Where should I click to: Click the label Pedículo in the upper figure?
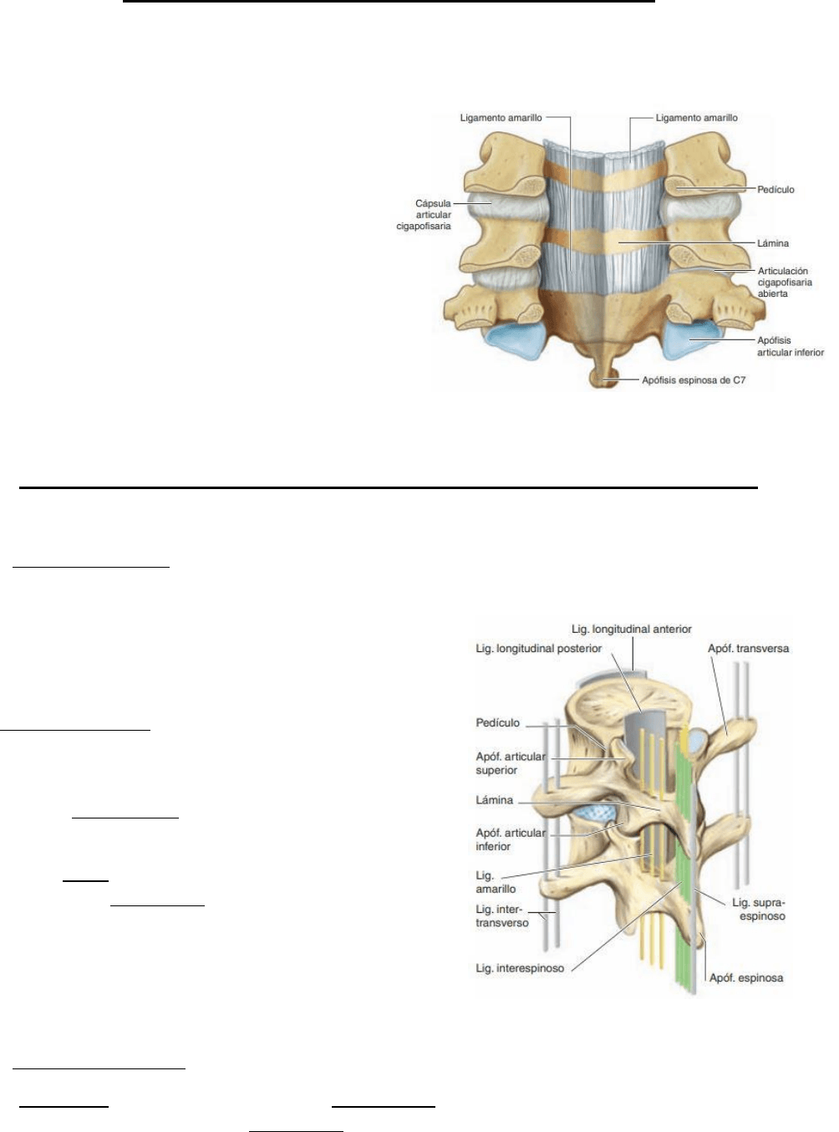pyautogui.click(x=775, y=190)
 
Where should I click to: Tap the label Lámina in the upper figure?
pyautogui.click(x=773, y=243)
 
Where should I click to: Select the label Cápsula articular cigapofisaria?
pyautogui.click(x=425, y=215)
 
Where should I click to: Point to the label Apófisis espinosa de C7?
pyautogui.click(x=694, y=380)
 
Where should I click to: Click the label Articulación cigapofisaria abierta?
pyautogui.click(x=784, y=283)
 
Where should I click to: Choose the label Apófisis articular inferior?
pyautogui.click(x=790, y=346)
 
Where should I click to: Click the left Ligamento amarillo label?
pyautogui.click(x=501, y=118)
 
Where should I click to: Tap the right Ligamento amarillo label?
pyautogui.click(x=696, y=118)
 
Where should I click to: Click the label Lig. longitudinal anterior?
pyautogui.click(x=631, y=629)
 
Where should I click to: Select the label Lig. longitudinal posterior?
pyautogui.click(x=538, y=648)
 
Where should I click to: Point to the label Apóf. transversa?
pyautogui.click(x=748, y=648)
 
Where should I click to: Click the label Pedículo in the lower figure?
pyautogui.click(x=497, y=723)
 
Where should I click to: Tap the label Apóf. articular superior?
pyautogui.click(x=510, y=763)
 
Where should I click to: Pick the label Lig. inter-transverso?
pyautogui.click(x=501, y=916)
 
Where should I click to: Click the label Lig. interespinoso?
pyautogui.click(x=520, y=969)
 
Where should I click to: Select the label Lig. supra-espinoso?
pyautogui.click(x=759, y=910)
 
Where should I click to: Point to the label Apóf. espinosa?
pyautogui.click(x=746, y=977)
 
